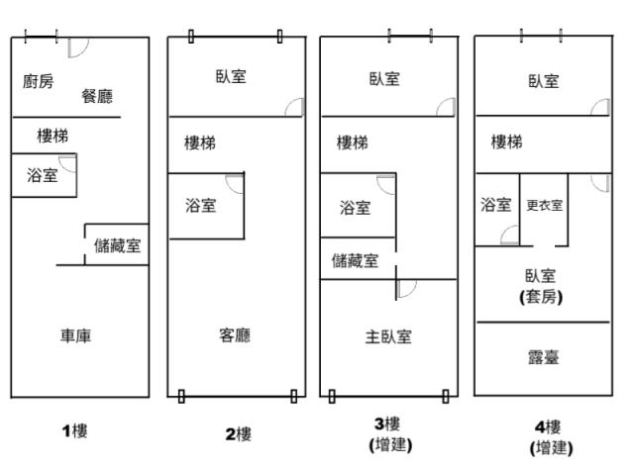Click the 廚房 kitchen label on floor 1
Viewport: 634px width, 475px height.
tap(39, 81)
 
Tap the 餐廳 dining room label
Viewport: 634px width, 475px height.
tap(97, 96)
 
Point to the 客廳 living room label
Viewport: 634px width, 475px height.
tap(234, 336)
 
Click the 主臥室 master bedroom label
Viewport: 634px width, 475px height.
tap(388, 336)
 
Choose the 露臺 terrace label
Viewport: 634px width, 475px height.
tap(543, 356)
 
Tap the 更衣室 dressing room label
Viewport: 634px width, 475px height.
tap(545, 206)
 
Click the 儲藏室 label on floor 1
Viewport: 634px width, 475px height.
tap(117, 245)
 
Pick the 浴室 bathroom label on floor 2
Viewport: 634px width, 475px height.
tap(200, 206)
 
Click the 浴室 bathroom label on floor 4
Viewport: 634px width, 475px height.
tap(496, 205)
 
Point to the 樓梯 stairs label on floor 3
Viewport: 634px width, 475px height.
tap(352, 142)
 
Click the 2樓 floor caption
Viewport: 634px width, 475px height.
tap(237, 433)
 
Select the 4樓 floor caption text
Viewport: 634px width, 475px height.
tap(547, 427)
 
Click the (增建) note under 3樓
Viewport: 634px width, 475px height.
tap(388, 445)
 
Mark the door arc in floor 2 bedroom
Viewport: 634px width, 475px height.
tap(294, 108)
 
